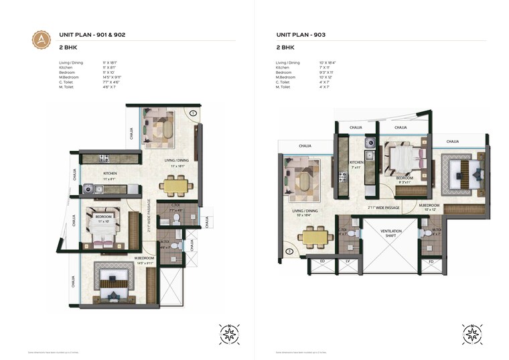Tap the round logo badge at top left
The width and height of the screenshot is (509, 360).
[42, 38]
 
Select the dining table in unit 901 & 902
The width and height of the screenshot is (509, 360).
[175, 186]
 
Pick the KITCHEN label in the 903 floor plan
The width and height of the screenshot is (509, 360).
[356, 163]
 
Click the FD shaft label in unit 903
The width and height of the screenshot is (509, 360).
[431, 260]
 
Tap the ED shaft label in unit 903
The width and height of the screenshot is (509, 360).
[322, 260]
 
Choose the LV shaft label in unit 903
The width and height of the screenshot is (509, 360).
[348, 260]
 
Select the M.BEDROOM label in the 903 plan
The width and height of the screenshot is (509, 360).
[429, 205]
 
